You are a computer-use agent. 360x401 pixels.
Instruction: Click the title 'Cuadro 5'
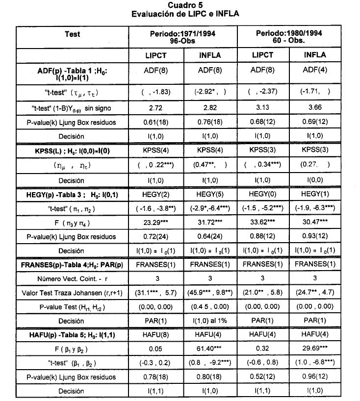tap(185, 5)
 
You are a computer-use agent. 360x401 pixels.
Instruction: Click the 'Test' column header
tap(72, 34)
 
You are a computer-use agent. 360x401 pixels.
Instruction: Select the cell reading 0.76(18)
tap(209, 122)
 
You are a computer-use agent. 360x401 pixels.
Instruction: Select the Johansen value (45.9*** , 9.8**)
tap(209, 293)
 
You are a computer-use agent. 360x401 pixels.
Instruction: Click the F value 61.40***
tap(209, 349)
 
